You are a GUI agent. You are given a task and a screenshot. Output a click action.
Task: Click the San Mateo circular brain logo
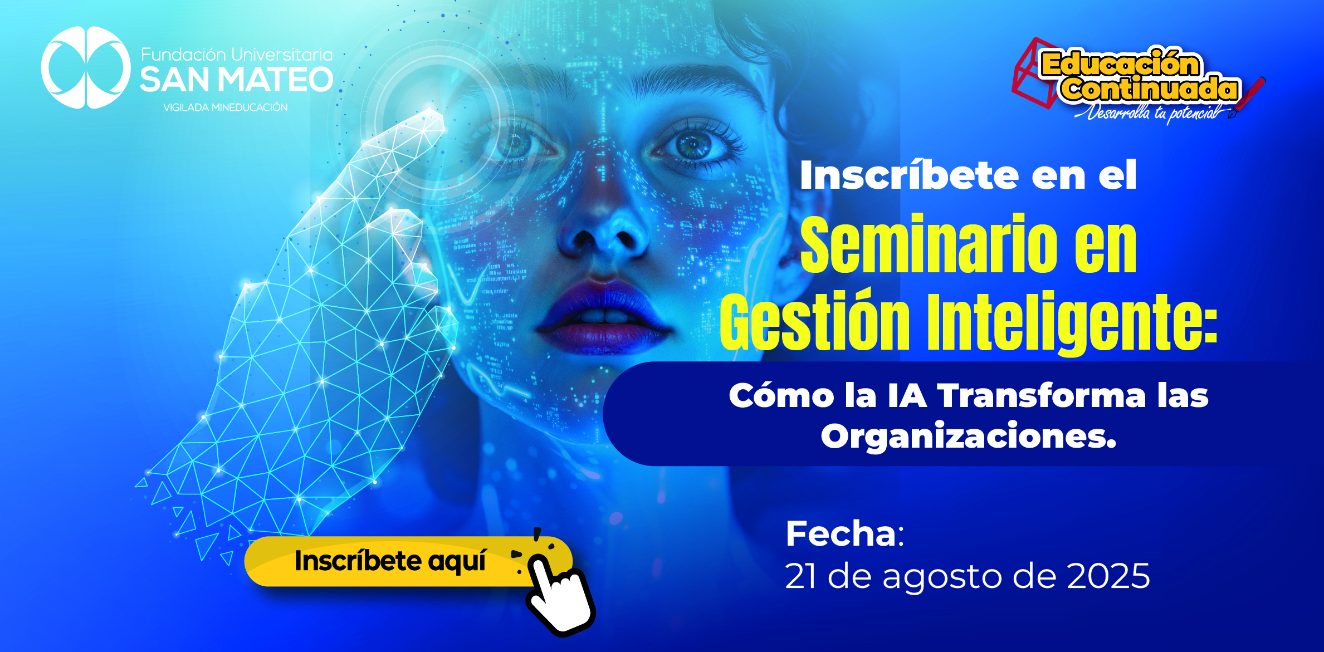coord(86,67)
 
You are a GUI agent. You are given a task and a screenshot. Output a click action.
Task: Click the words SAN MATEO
coord(237,80)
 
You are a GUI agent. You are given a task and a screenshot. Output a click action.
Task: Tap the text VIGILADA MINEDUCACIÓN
coord(226,107)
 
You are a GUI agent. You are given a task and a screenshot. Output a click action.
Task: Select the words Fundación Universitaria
coord(237,55)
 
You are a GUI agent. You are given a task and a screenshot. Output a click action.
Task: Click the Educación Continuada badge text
coord(1139,76)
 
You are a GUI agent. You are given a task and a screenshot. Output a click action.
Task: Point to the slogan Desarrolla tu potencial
coord(1153,113)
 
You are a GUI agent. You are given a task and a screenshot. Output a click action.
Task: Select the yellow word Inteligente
coord(1072,323)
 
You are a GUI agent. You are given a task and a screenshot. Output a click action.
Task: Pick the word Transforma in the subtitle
coord(1042,396)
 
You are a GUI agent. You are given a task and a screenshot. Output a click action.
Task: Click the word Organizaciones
coord(969,436)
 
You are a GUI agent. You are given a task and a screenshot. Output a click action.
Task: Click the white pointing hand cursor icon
coord(560,595)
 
